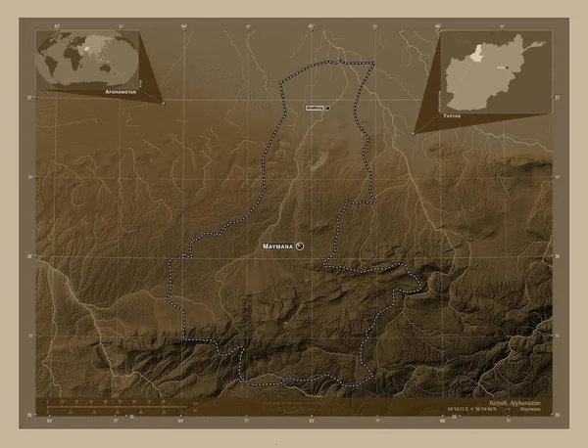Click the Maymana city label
(278, 246)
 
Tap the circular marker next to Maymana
(300, 246)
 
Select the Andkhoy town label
(314, 108)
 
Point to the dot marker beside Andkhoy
(327, 108)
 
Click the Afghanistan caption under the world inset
(119, 89)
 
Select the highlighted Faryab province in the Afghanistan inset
(474, 54)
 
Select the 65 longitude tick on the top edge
(311, 26)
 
